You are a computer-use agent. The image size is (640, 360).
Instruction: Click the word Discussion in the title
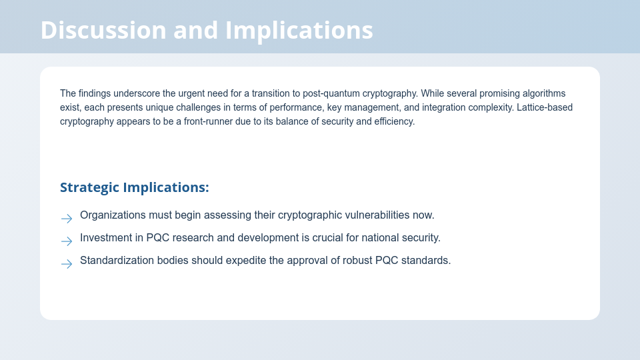pyautogui.click(x=103, y=30)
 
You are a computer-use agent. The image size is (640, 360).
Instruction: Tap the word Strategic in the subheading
pyautogui.click(x=89, y=187)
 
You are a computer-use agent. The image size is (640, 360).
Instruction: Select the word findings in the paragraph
pyautogui.click(x=95, y=93)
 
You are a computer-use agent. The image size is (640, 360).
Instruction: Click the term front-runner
pyautogui.click(x=208, y=121)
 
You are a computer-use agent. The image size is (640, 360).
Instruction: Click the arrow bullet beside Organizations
pyautogui.click(x=67, y=219)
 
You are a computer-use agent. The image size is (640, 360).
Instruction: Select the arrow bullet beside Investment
pyautogui.click(x=67, y=241)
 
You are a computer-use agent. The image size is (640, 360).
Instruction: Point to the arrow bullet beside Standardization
pyautogui.click(x=67, y=264)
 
